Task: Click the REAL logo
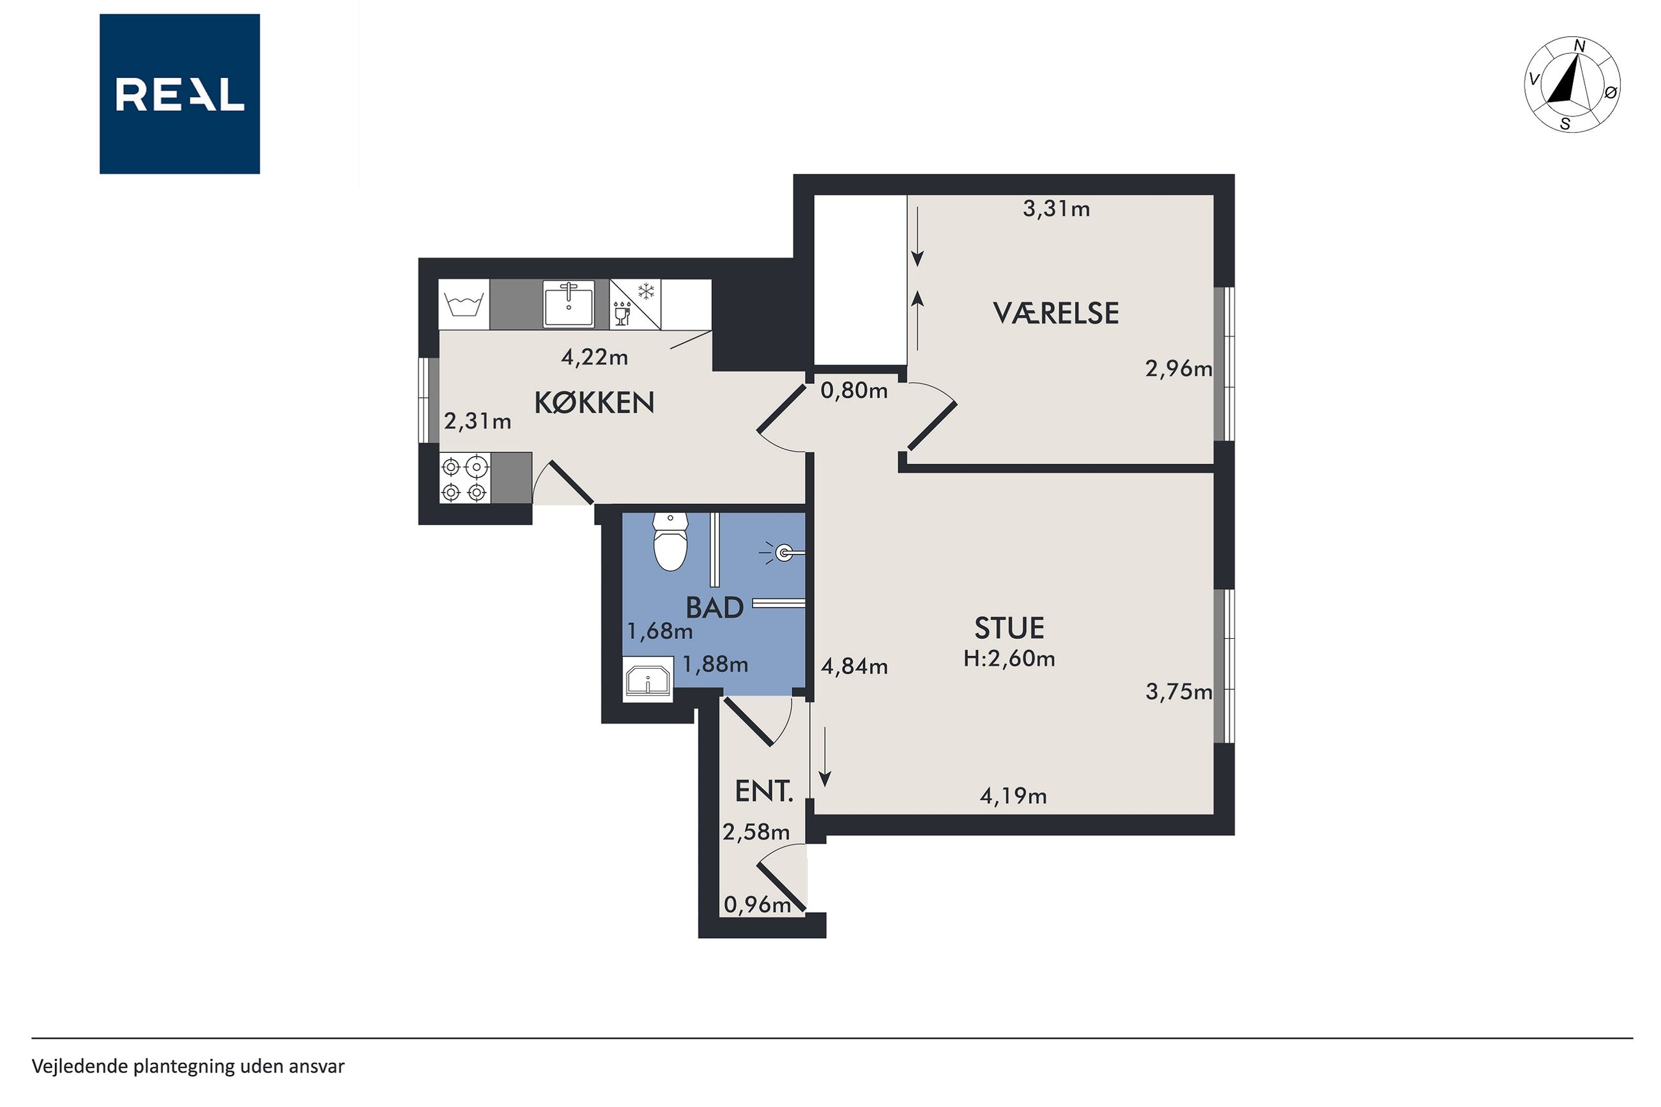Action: point(180,94)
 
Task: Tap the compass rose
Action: point(1572,84)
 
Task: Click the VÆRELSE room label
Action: point(1055,313)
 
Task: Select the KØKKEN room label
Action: point(593,402)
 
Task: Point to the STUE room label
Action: point(1009,628)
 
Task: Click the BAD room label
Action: point(714,607)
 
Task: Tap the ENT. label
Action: point(764,791)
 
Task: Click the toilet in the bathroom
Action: point(670,542)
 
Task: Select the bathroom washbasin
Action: point(647,679)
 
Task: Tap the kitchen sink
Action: point(569,304)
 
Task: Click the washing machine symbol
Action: point(464,304)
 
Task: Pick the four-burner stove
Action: point(464,478)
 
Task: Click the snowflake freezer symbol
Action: point(646,291)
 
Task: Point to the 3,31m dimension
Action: point(1056,209)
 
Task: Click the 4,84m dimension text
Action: point(854,666)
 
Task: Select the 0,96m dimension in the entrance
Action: point(758,905)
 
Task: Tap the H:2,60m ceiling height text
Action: point(1009,659)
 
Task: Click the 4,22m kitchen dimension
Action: point(594,357)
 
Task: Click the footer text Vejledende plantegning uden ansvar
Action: point(188,1066)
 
